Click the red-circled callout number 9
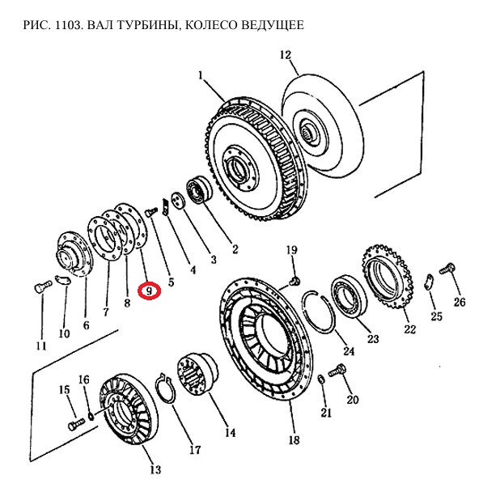click(149, 291)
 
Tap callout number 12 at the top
click(286, 55)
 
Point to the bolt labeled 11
click(42, 286)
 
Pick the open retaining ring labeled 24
click(319, 312)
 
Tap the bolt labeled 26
click(447, 269)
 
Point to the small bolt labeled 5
click(151, 211)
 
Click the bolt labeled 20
click(337, 371)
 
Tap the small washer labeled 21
click(321, 380)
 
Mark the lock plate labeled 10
click(63, 280)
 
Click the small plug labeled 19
click(295, 281)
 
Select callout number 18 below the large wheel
click(294, 440)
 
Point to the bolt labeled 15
click(77, 424)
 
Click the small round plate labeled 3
click(178, 201)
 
